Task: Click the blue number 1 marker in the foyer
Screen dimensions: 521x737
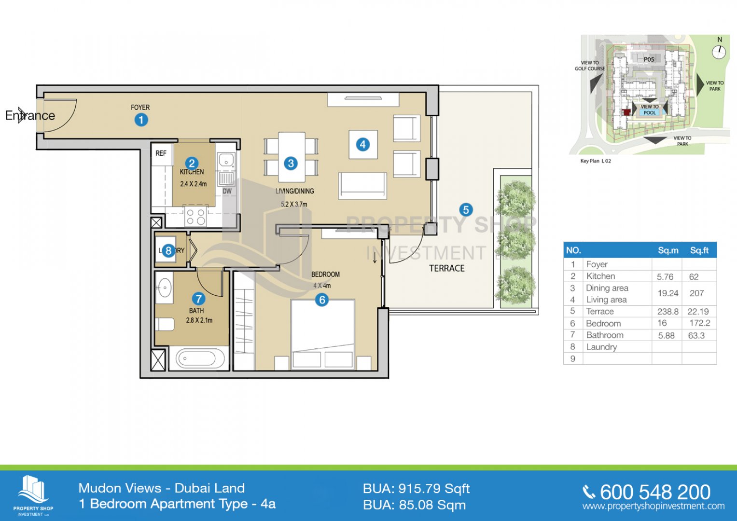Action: (x=141, y=120)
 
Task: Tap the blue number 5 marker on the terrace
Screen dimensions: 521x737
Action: (x=466, y=210)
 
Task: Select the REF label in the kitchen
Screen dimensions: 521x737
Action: (x=161, y=153)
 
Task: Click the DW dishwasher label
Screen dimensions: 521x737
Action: (x=227, y=191)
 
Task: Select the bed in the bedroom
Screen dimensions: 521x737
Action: (x=322, y=333)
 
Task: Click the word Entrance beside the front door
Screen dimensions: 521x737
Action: (x=30, y=116)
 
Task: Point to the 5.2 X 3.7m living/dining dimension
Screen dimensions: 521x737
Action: (x=294, y=204)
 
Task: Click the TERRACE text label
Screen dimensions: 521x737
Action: (x=447, y=268)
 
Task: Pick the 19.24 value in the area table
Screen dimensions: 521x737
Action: (x=667, y=293)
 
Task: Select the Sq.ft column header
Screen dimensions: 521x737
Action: (x=699, y=250)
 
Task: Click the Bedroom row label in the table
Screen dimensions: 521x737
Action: (x=603, y=323)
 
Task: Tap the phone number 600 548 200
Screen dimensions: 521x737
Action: (x=655, y=492)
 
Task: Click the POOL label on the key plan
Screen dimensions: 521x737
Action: (x=650, y=113)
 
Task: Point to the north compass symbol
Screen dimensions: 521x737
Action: (x=719, y=51)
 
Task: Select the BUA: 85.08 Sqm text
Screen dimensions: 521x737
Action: (x=414, y=505)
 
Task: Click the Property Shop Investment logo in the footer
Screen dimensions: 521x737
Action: (x=33, y=494)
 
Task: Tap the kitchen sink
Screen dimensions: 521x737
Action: (x=226, y=160)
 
